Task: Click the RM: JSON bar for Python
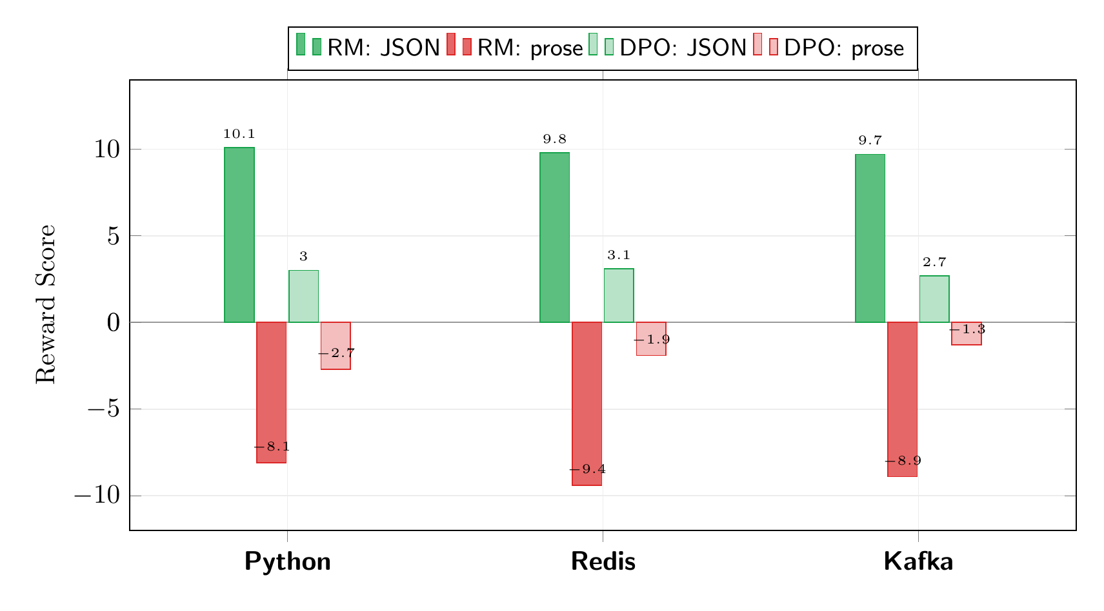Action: click(239, 235)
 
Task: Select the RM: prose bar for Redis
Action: click(587, 403)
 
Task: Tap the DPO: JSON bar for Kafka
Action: click(934, 299)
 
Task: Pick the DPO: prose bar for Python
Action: click(336, 345)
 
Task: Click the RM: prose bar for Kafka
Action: click(902, 399)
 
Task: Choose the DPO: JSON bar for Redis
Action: click(618, 295)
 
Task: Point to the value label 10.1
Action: click(239, 135)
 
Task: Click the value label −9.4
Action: click(587, 470)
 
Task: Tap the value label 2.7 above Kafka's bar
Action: click(934, 263)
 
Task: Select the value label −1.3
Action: click(967, 330)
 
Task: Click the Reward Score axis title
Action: click(46, 304)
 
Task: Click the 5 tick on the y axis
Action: click(114, 237)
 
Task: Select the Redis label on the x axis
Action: click(603, 562)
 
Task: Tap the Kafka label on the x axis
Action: click(918, 562)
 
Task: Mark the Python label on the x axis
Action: click(287, 562)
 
